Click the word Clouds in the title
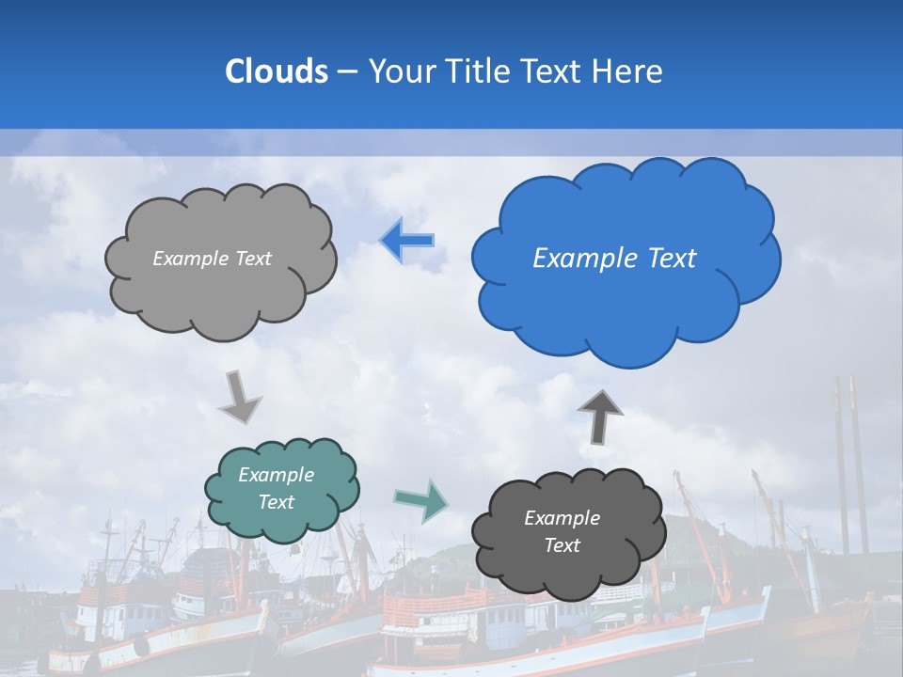pyautogui.click(x=277, y=71)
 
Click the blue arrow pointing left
pyautogui.click(x=407, y=241)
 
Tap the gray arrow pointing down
pyautogui.click(x=240, y=398)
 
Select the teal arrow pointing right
pyautogui.click(x=420, y=500)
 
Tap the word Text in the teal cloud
pyautogui.click(x=277, y=502)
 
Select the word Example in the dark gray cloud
pyautogui.click(x=562, y=518)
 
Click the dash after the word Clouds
pyautogui.click(x=345, y=72)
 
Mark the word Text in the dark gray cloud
pyautogui.click(x=562, y=545)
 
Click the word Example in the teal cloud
pyautogui.click(x=277, y=475)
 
